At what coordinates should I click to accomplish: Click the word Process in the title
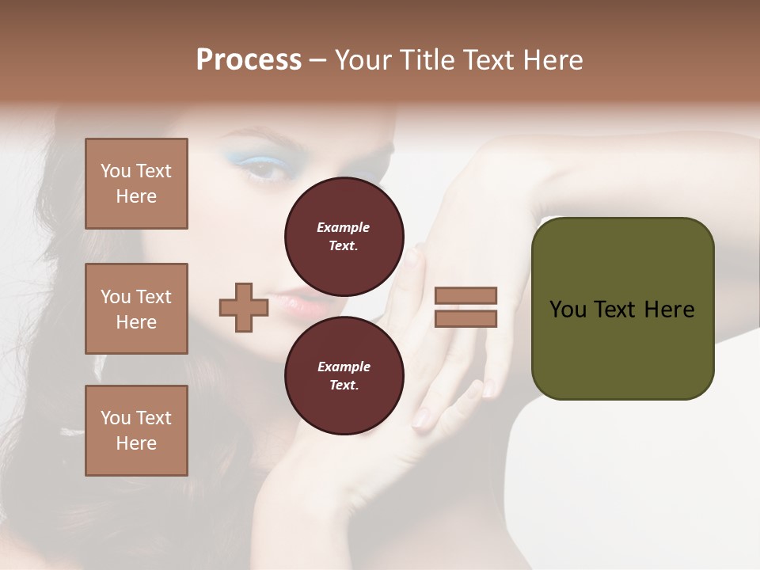[x=249, y=60]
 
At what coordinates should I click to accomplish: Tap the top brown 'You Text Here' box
[x=136, y=184]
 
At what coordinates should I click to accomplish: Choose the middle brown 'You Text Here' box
[x=136, y=309]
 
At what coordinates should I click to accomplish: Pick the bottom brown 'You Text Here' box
[x=136, y=431]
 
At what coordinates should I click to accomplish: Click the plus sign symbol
[x=243, y=307]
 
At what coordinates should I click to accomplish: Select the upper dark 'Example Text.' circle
[x=344, y=236]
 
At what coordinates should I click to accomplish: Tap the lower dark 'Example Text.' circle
[x=344, y=375]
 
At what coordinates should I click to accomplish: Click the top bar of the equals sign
[x=465, y=296]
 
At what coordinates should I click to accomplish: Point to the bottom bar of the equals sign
[x=465, y=318]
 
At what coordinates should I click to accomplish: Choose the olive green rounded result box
[x=622, y=309]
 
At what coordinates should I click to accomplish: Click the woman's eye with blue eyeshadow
[x=266, y=168]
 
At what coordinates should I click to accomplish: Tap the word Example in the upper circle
[x=344, y=227]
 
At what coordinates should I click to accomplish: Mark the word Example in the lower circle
[x=344, y=367]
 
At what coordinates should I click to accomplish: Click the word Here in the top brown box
[x=136, y=196]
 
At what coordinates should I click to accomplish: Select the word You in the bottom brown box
[x=116, y=418]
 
